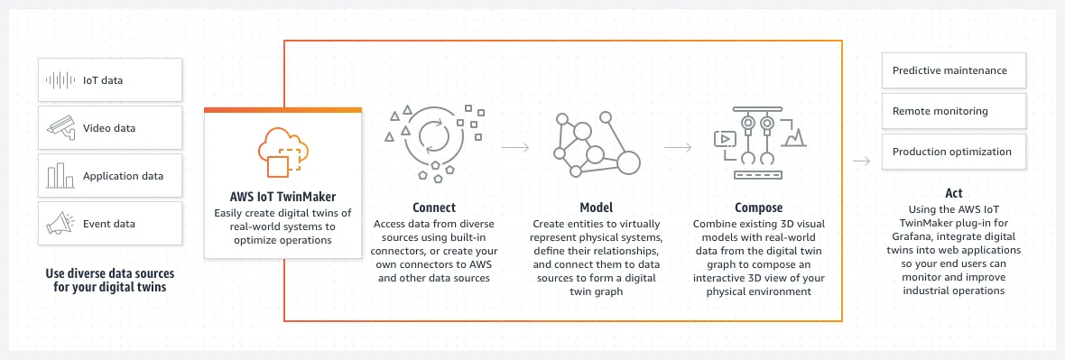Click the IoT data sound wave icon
(x=60, y=80)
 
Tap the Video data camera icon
(x=60, y=128)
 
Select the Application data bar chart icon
(x=60, y=177)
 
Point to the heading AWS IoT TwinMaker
(x=282, y=196)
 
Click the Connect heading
(x=433, y=208)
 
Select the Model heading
(x=596, y=208)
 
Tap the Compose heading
(x=758, y=208)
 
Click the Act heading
(x=953, y=193)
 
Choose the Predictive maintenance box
(x=953, y=70)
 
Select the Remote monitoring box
(x=953, y=111)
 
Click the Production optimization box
(x=953, y=152)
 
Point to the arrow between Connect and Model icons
(x=514, y=145)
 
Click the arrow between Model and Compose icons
(x=677, y=145)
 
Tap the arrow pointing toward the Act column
(x=862, y=162)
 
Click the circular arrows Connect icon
(x=433, y=139)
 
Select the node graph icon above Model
(x=596, y=144)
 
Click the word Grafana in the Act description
(x=909, y=235)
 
